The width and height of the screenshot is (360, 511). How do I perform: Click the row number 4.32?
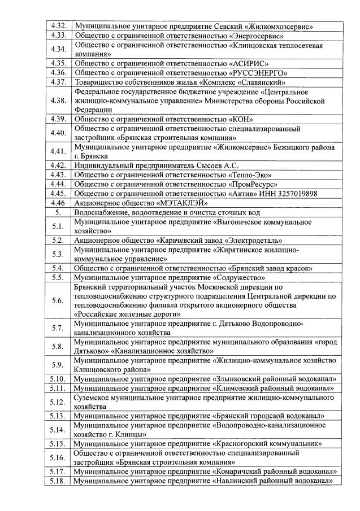pyautogui.click(x=58, y=26)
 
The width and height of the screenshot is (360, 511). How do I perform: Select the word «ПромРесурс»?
pyautogui.click(x=255, y=184)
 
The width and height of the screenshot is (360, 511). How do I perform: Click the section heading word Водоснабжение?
pyautogui.click(x=101, y=212)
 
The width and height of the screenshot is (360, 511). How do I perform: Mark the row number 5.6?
pyautogui.click(x=58, y=300)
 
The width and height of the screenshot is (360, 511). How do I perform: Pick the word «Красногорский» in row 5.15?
pyautogui.click(x=241, y=444)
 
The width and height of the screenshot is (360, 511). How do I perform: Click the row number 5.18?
pyautogui.click(x=58, y=481)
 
